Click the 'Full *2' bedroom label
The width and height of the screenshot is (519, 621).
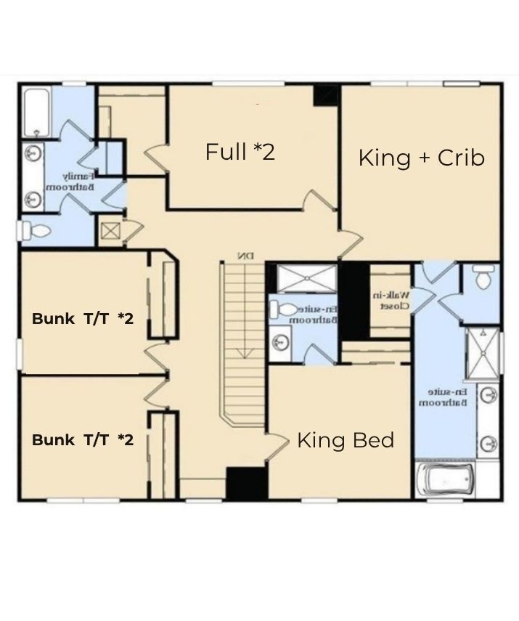(240, 152)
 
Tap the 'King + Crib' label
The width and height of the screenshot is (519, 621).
(421, 158)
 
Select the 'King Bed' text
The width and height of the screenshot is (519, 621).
(346, 440)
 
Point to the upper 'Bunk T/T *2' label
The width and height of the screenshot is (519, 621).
(83, 318)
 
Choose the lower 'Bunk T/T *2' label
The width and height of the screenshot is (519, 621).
(83, 439)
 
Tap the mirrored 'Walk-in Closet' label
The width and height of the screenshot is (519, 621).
(391, 301)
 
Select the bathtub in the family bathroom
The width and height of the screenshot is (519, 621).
(37, 112)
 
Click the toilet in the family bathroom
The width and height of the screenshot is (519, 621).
(36, 232)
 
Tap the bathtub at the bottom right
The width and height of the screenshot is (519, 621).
(444, 479)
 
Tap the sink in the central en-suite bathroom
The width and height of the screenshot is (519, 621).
(280, 340)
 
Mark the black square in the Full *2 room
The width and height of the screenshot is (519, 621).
(326, 95)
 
